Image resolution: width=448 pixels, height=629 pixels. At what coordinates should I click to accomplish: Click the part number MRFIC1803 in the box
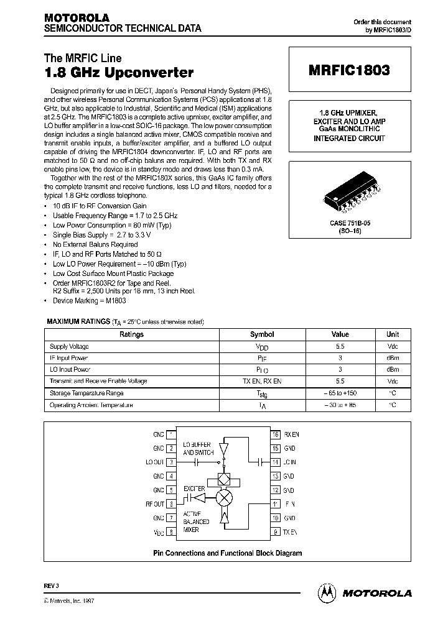point(349,70)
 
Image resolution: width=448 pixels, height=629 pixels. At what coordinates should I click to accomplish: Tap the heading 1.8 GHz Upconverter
point(119,73)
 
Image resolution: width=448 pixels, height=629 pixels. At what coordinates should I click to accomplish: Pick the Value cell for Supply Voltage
point(340,346)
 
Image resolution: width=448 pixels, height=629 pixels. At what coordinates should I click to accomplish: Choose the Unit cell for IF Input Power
point(393,358)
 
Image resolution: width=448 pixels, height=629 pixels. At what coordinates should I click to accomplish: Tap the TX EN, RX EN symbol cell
point(262,382)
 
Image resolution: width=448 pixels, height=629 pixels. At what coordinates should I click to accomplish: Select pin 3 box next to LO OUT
point(172,462)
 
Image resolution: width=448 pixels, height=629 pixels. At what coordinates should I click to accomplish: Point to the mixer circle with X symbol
point(222,497)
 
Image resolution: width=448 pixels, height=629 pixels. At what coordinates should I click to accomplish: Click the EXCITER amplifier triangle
point(198,497)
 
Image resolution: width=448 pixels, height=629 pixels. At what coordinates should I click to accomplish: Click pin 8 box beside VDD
point(172,532)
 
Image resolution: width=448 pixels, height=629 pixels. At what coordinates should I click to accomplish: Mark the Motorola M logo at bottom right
point(326,592)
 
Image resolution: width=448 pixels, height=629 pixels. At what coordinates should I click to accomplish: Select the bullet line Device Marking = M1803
point(90,301)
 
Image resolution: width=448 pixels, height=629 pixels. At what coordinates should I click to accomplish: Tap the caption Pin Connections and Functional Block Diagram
point(227,553)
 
